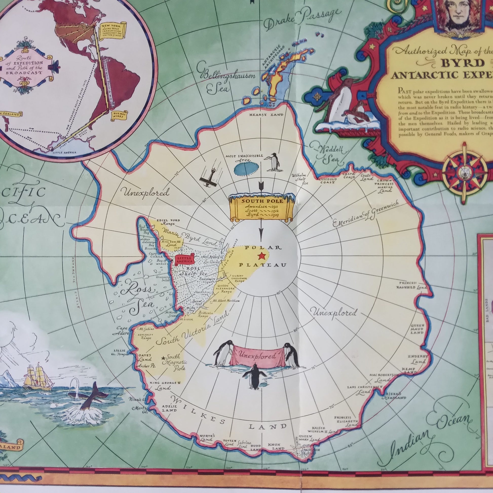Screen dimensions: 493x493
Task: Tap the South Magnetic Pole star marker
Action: [163, 358]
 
